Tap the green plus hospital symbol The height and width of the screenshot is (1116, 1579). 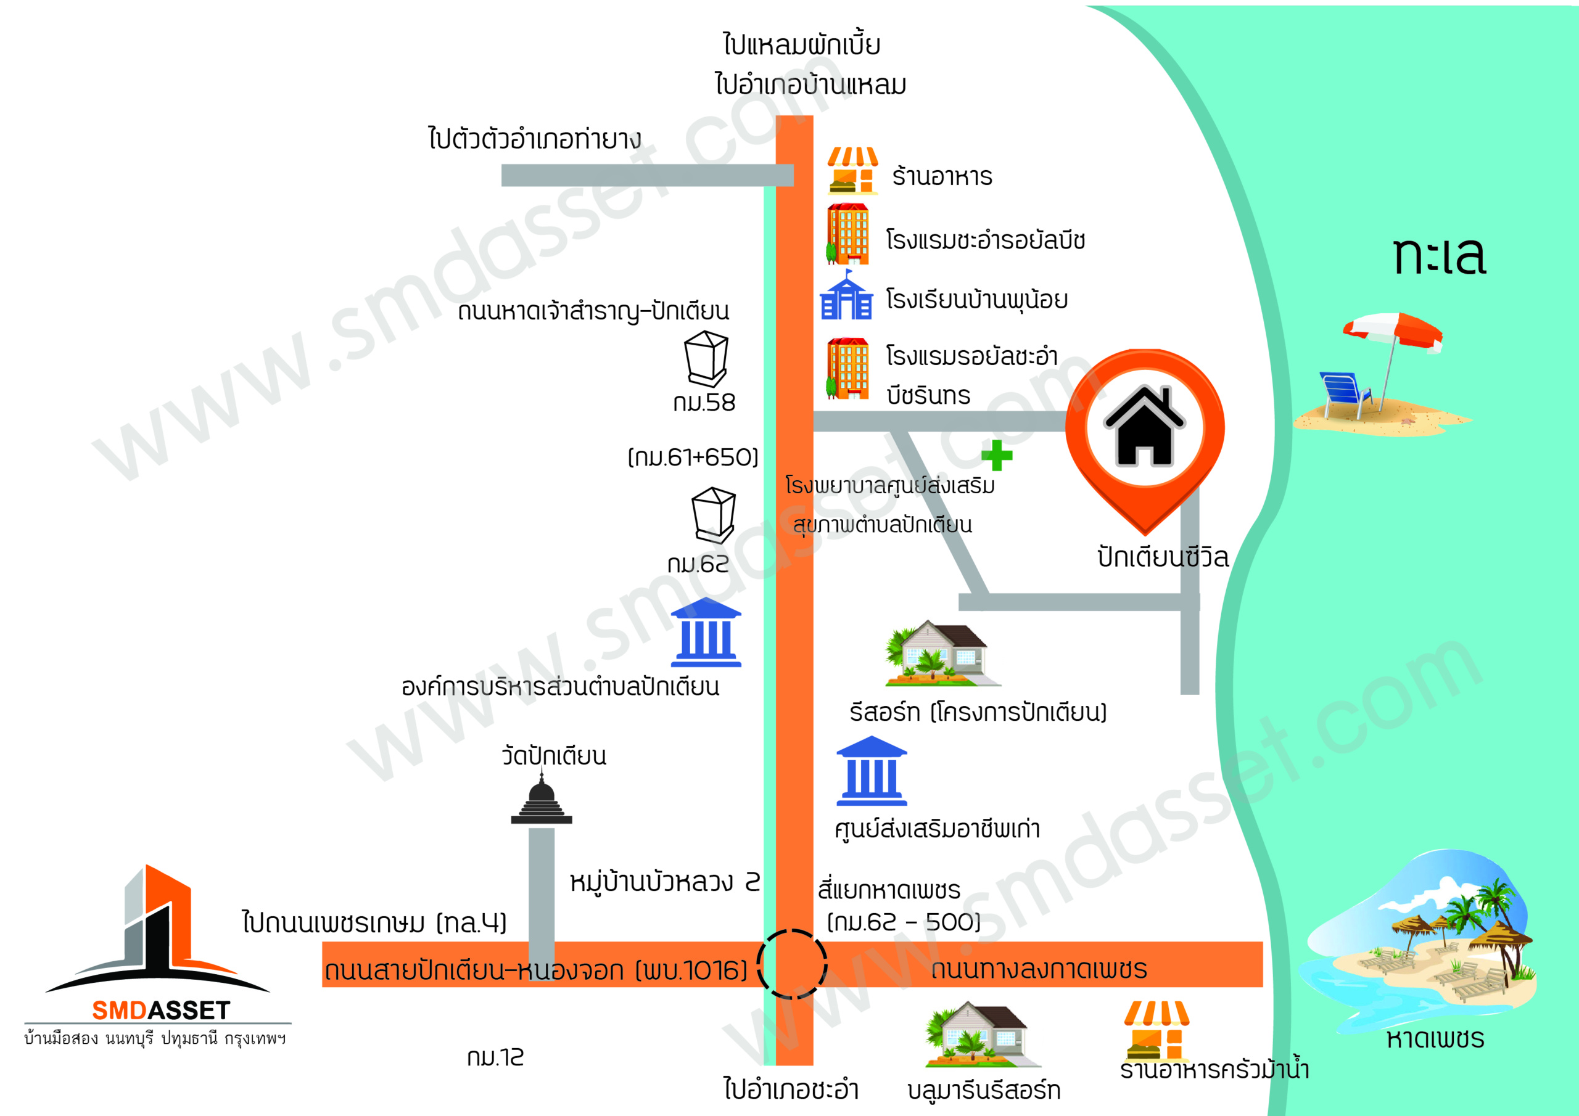click(997, 455)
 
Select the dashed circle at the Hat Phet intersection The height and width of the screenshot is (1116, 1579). click(792, 964)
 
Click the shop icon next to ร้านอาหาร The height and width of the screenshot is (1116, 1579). click(853, 171)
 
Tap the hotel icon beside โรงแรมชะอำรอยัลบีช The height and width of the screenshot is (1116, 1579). click(848, 234)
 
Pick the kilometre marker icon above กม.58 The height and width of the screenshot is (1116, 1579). click(706, 358)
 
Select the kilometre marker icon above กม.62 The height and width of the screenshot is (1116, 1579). click(714, 515)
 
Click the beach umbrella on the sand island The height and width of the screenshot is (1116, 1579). click(1392, 351)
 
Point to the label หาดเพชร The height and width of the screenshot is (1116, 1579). click(1435, 1038)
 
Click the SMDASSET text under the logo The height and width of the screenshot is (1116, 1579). click(161, 1010)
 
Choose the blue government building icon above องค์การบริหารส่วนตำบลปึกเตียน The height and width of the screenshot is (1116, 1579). click(706, 632)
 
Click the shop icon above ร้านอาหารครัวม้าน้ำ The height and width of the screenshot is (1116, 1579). click(1156, 1031)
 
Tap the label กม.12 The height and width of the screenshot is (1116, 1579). click(495, 1057)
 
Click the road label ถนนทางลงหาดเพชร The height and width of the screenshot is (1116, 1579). click(1039, 969)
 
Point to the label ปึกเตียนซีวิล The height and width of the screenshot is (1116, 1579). click(1163, 556)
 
